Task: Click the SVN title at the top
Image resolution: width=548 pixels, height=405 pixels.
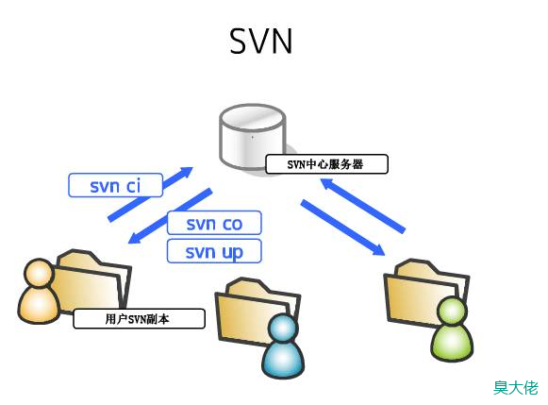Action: (x=260, y=41)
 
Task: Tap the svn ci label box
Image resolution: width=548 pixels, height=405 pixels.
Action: (x=116, y=185)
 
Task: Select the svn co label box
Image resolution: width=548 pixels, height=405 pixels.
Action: (x=214, y=223)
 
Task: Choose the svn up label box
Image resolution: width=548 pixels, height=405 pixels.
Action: (x=214, y=251)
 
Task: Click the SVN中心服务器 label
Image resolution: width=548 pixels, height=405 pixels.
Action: (x=326, y=164)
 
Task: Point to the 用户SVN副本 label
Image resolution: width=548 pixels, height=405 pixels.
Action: (x=139, y=318)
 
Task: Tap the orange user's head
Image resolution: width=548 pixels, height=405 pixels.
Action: (x=40, y=273)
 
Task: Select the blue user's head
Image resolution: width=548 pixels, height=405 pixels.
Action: (x=283, y=329)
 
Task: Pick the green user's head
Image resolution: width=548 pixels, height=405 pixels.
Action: (x=452, y=312)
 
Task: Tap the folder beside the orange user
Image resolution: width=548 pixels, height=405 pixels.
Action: (x=91, y=279)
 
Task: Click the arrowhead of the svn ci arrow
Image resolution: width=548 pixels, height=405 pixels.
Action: (x=186, y=172)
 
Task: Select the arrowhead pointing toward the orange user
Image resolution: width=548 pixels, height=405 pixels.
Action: (x=135, y=238)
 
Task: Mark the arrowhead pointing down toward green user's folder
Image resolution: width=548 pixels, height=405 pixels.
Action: (x=377, y=250)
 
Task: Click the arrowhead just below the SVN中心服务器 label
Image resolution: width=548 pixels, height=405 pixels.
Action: (x=328, y=183)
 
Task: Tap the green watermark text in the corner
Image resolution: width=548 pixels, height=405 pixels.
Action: (x=516, y=387)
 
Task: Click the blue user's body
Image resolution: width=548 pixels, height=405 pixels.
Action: (x=283, y=360)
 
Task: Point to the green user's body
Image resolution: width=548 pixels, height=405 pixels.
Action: (x=452, y=342)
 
